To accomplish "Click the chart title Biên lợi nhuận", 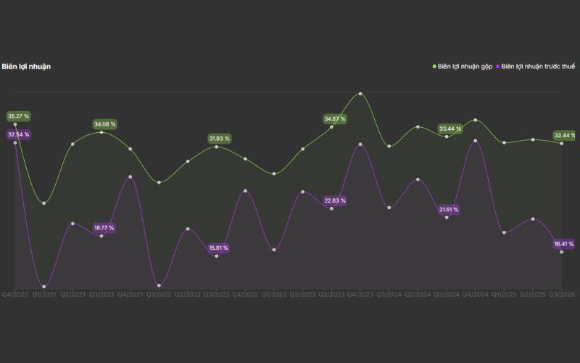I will click(26, 67).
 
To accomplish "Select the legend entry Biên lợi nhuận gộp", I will click(465, 67).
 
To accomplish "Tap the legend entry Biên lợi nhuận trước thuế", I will click(537, 67).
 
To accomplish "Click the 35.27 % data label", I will click(18, 116).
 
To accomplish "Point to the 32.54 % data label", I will click(18, 134).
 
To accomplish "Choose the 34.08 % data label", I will click(104, 124).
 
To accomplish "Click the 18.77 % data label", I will click(103, 228).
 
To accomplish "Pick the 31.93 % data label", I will click(219, 138).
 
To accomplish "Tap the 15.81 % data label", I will click(217, 248).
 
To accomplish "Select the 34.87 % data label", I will click(334, 118).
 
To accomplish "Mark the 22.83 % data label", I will click(334, 200).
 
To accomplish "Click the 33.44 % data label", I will click(449, 129).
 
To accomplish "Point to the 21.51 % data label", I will click(448, 210).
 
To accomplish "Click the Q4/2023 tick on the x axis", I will click(360, 295).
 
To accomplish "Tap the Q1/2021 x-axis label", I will click(43, 295).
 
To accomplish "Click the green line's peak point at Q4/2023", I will click(360, 94).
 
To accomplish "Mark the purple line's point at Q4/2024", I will click(475, 141).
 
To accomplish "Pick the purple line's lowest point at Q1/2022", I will click(159, 285).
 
